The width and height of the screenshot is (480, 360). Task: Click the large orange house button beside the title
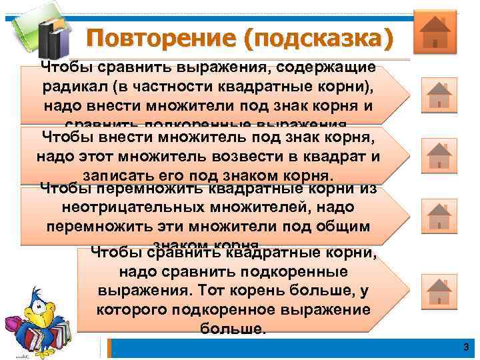[435, 31]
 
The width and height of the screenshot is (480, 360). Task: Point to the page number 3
[466, 347]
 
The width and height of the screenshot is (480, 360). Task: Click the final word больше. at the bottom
[233, 328]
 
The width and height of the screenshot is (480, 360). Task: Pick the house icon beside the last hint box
[439, 289]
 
